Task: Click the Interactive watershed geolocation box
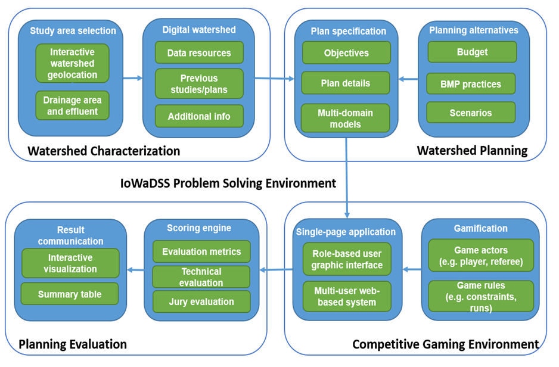72,63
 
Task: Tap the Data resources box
199,53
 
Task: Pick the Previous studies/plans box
199,84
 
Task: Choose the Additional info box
199,116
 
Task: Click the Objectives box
346,53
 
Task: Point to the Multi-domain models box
346,118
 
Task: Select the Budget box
472,52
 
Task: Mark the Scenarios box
471,113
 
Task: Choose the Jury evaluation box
201,301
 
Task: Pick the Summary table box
70,294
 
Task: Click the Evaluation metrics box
201,252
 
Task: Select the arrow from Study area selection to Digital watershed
132,78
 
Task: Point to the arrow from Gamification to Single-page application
411,270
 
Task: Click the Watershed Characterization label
104,151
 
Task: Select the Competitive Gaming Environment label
445,344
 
